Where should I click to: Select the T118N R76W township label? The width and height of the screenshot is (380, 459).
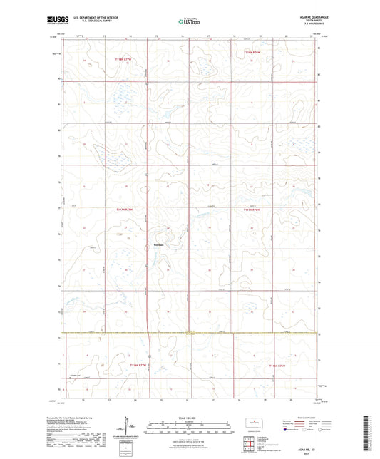click(253, 51)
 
